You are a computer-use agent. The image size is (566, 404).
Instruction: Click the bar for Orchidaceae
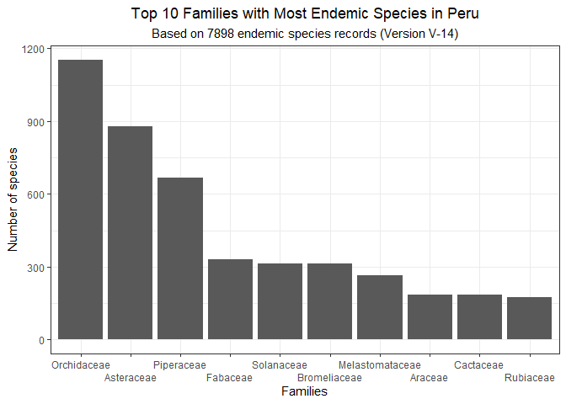tap(80, 199)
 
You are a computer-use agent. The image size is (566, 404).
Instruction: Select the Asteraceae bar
tap(130, 233)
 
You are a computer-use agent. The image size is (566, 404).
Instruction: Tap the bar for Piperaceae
tap(180, 258)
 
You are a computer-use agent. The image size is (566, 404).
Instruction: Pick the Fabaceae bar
tap(230, 300)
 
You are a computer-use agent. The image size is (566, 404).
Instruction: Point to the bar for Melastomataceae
tap(380, 307)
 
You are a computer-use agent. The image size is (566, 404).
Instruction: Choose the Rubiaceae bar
tap(529, 318)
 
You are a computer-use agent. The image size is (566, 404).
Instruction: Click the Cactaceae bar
tap(479, 317)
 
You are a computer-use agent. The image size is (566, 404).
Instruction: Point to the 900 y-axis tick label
tap(35, 122)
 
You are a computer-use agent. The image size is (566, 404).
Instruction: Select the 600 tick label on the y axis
tap(35, 194)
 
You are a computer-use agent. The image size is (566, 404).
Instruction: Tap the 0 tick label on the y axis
tap(40, 340)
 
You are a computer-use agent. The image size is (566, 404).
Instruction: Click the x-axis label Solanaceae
tap(280, 365)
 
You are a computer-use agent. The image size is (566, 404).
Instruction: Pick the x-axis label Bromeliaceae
tap(329, 378)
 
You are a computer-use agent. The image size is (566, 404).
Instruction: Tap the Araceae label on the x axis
tap(429, 378)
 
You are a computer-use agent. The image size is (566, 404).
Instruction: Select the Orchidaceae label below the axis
tap(80, 365)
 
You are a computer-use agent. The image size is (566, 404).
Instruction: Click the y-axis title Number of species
tap(13, 199)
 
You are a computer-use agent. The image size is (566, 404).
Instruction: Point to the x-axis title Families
tap(304, 392)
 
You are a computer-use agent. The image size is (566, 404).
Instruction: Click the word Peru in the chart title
tap(462, 14)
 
